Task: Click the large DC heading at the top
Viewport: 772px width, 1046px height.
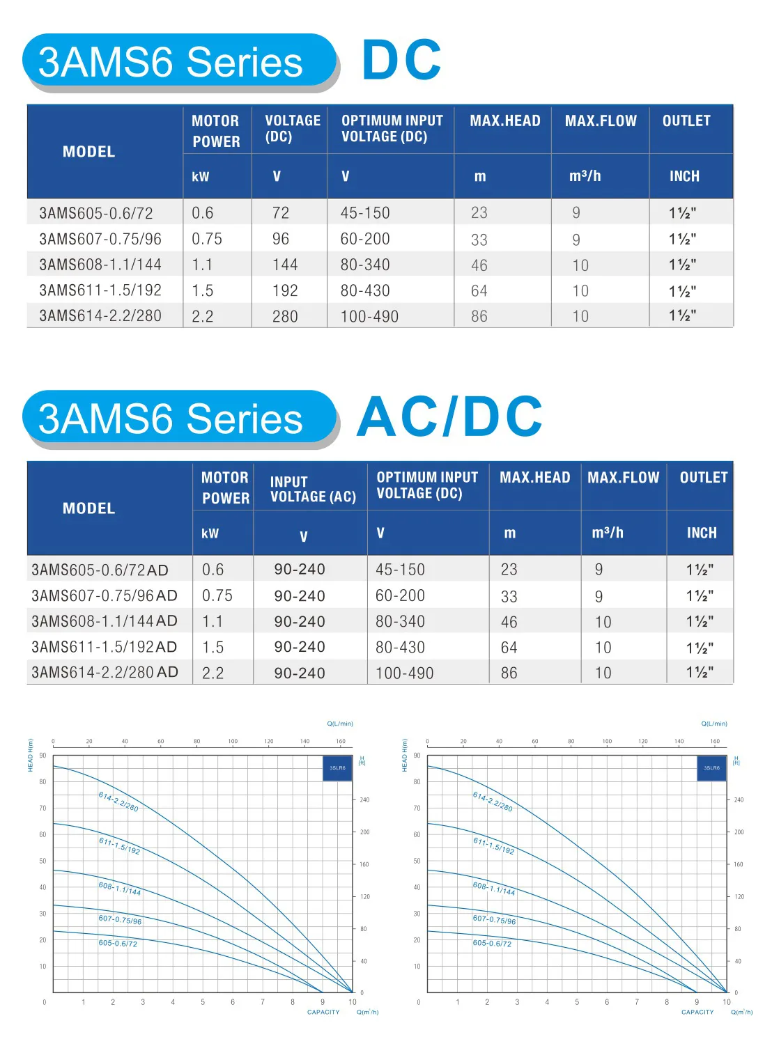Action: pos(401,60)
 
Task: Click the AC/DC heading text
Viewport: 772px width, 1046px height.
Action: pos(449,417)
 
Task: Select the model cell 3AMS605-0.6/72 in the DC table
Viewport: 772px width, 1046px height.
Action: pos(96,213)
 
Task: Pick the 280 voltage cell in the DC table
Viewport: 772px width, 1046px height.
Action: pos(285,316)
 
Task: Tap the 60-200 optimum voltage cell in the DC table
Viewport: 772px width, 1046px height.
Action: pos(365,239)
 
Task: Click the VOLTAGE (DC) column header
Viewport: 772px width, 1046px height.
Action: pos(293,128)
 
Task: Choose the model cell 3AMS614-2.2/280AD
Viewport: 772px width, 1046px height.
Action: pos(105,673)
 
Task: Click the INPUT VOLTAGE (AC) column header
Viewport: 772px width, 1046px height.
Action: pos(313,489)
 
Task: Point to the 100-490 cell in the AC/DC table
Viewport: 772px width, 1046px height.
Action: pos(405,673)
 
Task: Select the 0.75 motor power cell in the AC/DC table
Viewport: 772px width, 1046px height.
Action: pos(217,596)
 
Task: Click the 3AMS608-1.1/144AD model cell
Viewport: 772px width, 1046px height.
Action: pos(105,621)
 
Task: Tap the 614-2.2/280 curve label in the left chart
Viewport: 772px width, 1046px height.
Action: pos(118,802)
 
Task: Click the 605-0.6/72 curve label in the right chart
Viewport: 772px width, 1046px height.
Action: pos(492,944)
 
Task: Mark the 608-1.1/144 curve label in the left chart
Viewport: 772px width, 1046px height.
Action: pos(120,889)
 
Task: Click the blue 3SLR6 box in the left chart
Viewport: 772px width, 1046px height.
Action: pos(338,768)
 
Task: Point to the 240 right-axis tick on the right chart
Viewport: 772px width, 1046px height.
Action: pos(739,800)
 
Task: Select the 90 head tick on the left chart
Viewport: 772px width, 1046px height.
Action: pos(43,756)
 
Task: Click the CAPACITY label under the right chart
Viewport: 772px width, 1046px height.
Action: pos(697,1013)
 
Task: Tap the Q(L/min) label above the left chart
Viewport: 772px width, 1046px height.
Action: pos(340,724)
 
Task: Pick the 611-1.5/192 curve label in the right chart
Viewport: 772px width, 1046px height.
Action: pos(494,845)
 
